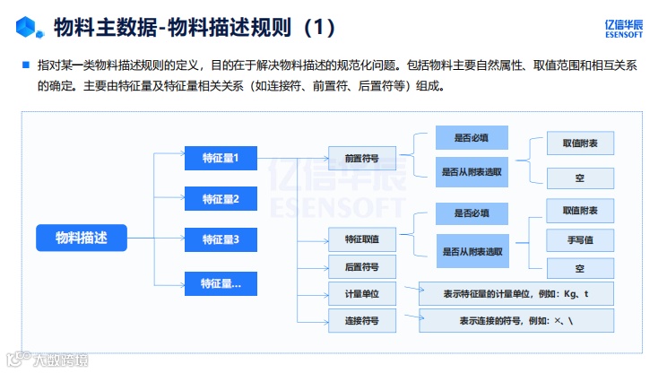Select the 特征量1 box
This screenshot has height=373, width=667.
point(221,159)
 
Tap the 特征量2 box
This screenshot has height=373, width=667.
point(221,199)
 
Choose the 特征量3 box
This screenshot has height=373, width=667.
point(221,239)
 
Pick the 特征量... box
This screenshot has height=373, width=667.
point(221,284)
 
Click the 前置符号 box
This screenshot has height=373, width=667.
point(361,159)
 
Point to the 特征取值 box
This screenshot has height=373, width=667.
point(361,239)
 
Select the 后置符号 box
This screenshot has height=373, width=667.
point(361,267)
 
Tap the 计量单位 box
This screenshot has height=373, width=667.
point(361,294)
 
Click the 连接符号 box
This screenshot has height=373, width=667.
point(361,320)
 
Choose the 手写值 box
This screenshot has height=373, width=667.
point(580,239)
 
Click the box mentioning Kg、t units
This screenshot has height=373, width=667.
point(515,294)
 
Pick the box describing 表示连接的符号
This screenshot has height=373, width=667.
point(515,320)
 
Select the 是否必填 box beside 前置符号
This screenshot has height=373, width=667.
point(472,137)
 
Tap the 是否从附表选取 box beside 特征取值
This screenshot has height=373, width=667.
point(472,251)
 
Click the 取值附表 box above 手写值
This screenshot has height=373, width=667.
point(580,211)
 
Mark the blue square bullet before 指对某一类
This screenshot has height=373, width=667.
point(27,65)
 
